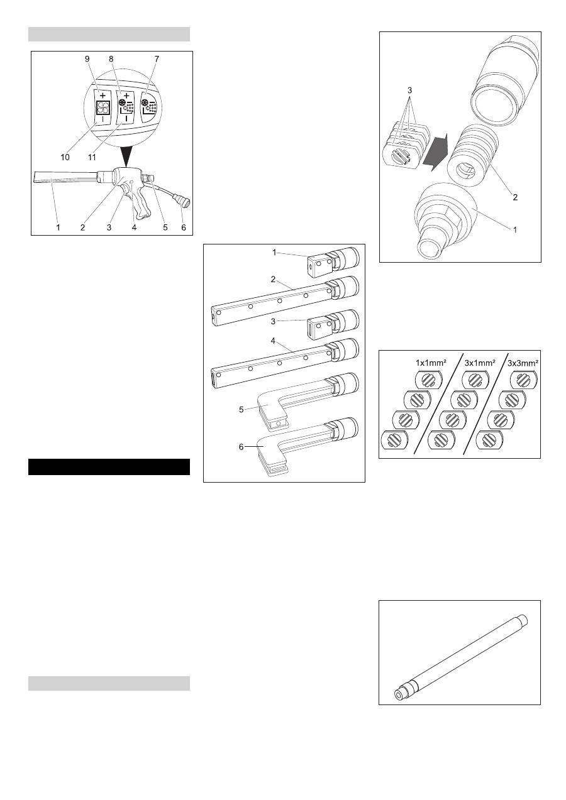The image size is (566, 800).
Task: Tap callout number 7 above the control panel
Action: (x=157, y=59)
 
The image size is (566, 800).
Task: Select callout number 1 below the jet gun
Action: (x=58, y=227)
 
